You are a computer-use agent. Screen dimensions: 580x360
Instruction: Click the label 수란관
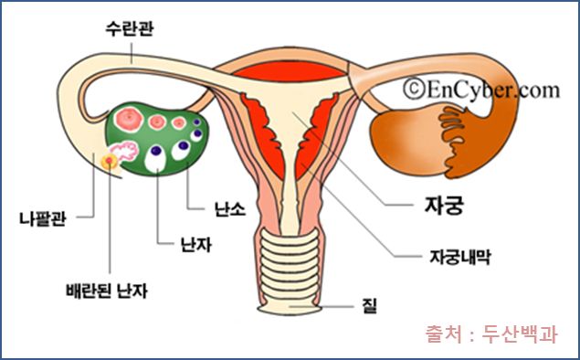point(129,29)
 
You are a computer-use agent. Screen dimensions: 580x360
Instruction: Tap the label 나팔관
point(43,218)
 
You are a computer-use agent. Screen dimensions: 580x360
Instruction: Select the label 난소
point(229,209)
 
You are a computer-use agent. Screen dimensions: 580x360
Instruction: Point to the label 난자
point(196,244)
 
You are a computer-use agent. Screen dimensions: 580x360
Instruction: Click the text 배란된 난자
point(107,291)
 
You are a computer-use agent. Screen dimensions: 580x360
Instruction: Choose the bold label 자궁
point(444,205)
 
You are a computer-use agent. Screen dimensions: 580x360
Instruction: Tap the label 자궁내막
point(459,257)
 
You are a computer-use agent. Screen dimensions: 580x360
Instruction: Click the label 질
point(369,306)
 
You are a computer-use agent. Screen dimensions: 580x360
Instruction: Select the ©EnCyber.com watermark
point(481,89)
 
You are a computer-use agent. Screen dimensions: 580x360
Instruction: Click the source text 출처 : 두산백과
point(491,334)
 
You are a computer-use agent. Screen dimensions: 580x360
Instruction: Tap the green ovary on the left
point(157,139)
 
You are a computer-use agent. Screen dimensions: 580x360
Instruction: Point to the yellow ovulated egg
point(110,161)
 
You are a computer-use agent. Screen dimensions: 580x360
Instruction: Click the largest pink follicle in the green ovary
point(129,119)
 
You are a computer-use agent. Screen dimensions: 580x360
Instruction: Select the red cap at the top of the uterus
point(290,71)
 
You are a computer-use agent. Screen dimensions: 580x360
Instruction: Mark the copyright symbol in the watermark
point(414,89)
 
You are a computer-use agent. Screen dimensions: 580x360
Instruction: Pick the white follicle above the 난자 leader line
point(155,158)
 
